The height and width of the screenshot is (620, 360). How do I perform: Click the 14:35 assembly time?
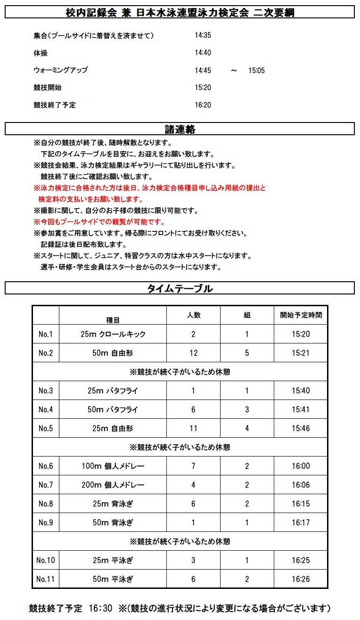[203, 36]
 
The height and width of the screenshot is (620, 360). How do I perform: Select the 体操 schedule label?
[41, 53]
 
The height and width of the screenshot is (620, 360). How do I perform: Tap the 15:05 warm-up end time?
[257, 71]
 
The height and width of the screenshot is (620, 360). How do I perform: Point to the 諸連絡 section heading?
[180, 129]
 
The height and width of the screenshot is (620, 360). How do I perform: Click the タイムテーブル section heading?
[180, 288]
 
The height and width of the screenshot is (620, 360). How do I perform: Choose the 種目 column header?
[113, 319]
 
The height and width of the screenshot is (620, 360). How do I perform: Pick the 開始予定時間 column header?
[301, 315]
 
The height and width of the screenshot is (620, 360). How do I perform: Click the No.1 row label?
[46, 334]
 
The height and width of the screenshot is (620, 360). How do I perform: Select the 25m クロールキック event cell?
[113, 334]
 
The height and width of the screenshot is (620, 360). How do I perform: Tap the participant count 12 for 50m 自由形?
[193, 353]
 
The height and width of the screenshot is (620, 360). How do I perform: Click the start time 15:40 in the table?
[301, 391]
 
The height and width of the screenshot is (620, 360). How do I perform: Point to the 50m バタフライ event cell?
[113, 410]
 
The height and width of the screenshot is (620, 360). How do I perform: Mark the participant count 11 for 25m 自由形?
[193, 429]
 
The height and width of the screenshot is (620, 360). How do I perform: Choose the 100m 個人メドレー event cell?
[113, 466]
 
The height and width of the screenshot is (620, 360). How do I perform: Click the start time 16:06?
[301, 485]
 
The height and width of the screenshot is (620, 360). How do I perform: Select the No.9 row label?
[46, 523]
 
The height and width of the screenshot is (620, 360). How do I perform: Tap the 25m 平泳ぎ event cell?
[113, 561]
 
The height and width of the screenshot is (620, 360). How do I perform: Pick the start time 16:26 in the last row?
[301, 579]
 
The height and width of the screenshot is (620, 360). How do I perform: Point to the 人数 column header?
[193, 315]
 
